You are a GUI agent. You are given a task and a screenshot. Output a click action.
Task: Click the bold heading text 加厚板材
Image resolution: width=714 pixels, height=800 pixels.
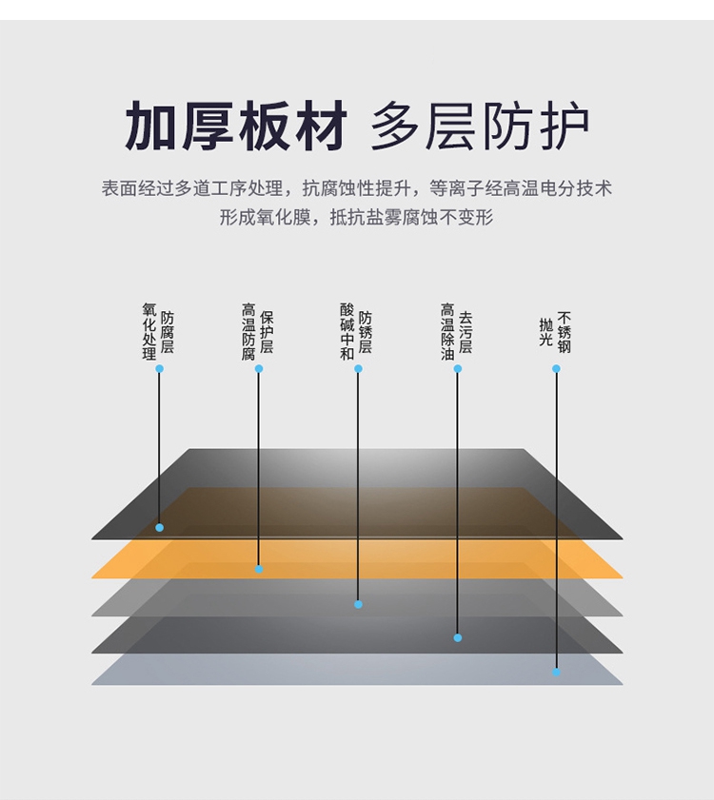pyautogui.click(x=236, y=127)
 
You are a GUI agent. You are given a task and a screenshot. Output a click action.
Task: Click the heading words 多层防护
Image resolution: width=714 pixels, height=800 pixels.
pyautogui.click(x=480, y=127)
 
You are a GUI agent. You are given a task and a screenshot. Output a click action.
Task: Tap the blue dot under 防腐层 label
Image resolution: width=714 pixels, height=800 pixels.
pyautogui.click(x=159, y=368)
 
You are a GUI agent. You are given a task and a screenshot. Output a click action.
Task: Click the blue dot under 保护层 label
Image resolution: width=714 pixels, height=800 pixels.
pyautogui.click(x=259, y=368)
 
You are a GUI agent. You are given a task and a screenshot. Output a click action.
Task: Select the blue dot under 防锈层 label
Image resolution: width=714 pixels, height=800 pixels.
pyautogui.click(x=358, y=368)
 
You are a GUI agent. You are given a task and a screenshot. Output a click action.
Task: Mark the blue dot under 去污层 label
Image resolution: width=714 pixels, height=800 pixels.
pyautogui.click(x=458, y=368)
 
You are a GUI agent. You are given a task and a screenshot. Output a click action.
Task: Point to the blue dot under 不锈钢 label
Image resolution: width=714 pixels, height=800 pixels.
pyautogui.click(x=557, y=368)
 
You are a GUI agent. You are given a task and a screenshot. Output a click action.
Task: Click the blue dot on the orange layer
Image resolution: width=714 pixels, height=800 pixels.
pyautogui.click(x=259, y=569)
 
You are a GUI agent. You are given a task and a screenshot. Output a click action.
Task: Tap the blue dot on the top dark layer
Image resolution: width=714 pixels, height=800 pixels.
pyautogui.click(x=159, y=527)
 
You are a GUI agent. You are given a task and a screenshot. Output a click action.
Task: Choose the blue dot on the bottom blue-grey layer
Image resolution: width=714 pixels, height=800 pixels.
pyautogui.click(x=557, y=672)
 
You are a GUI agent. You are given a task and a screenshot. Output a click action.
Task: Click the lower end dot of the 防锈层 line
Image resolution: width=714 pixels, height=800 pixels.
pyautogui.click(x=358, y=604)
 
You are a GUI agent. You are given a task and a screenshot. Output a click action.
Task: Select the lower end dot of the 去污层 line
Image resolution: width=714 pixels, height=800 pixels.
pyautogui.click(x=458, y=637)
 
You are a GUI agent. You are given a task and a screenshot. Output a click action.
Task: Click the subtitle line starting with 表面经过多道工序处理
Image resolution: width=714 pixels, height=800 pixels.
pyautogui.click(x=357, y=188)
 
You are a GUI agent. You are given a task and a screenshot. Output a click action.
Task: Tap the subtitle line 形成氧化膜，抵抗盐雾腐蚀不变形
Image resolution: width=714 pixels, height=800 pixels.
pyautogui.click(x=357, y=218)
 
